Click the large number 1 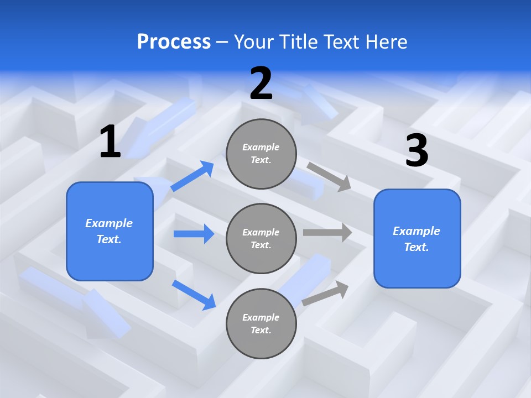[110, 142]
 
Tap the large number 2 [261, 83]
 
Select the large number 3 [417, 151]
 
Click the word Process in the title [174, 41]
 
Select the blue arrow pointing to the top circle [192, 176]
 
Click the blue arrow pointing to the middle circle [194, 234]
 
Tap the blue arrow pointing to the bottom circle [194, 294]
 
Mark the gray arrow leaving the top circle [329, 176]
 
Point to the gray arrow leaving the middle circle [327, 232]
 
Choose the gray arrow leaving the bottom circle [325, 294]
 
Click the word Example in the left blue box [109, 223]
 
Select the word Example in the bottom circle [261, 317]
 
